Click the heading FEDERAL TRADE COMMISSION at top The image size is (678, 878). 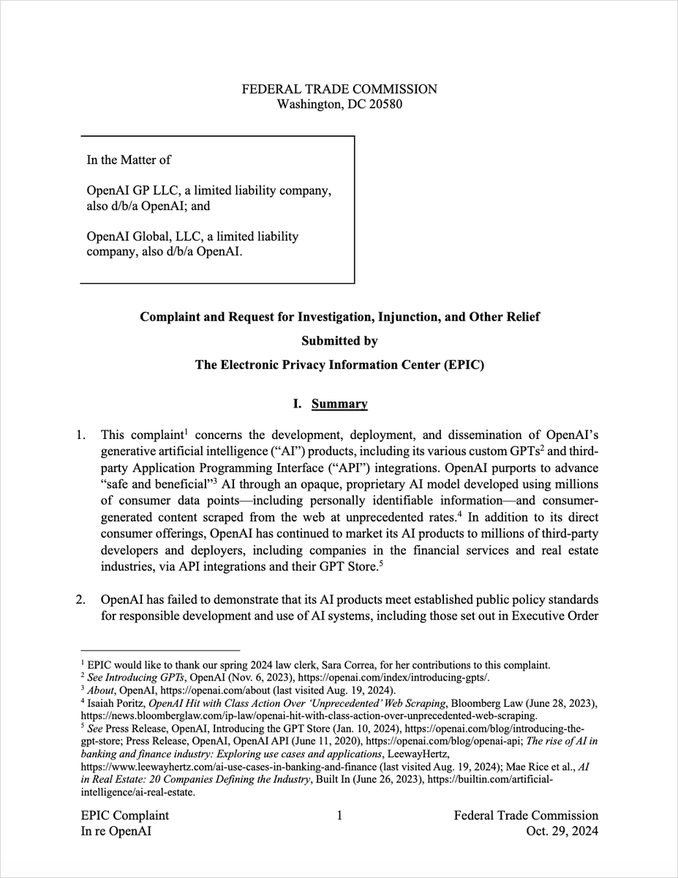(x=339, y=89)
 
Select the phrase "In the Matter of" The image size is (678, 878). (x=129, y=159)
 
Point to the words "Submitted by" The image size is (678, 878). (x=339, y=341)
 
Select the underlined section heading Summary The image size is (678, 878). (x=339, y=404)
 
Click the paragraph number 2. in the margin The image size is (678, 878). (x=82, y=601)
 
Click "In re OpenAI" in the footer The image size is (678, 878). (x=114, y=832)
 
